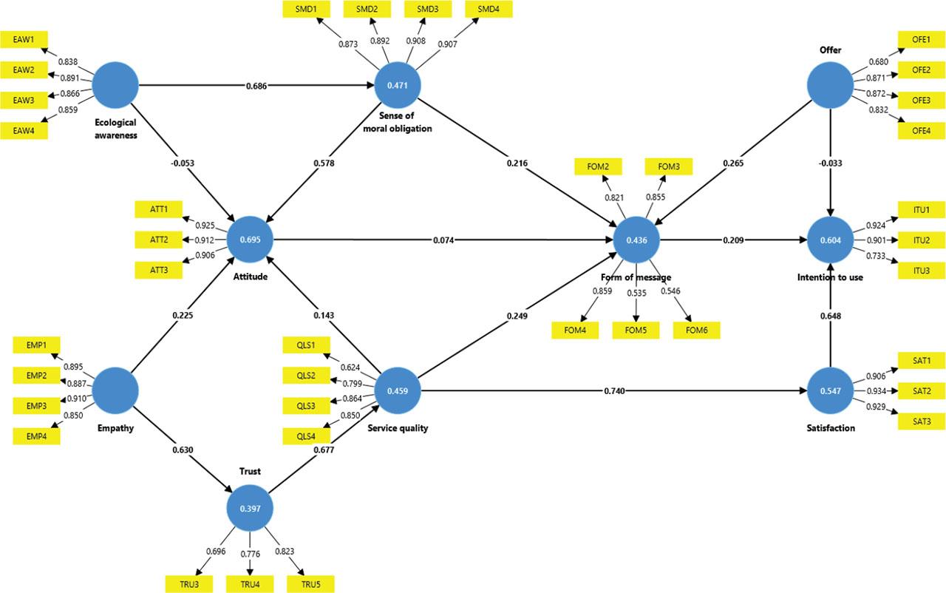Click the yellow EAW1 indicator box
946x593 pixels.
24,40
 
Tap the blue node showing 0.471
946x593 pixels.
397,86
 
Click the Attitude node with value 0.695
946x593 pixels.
249,240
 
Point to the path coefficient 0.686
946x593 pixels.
257,86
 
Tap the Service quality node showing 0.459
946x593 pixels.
397,390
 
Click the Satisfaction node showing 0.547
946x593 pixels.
830,390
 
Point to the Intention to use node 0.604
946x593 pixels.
830,240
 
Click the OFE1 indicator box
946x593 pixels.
921,40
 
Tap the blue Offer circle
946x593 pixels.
830,86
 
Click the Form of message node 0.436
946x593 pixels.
636,240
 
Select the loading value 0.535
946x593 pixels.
636,292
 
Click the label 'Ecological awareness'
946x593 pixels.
116,129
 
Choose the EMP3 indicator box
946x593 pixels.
36,406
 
